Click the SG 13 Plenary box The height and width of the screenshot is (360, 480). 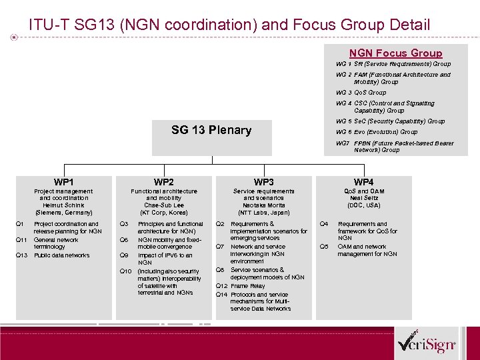[x=211, y=130]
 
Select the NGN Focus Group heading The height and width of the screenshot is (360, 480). [x=395, y=53]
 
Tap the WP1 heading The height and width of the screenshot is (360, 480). [x=63, y=182]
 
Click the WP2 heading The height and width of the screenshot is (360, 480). [x=163, y=182]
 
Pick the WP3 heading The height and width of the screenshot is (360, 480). [x=263, y=182]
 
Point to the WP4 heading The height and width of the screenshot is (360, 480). [x=363, y=182]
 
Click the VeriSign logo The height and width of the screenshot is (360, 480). [x=426, y=343]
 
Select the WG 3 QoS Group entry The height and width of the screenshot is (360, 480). [x=361, y=93]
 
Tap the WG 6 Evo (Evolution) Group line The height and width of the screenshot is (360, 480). [x=377, y=132]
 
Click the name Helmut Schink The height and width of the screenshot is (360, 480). [x=63, y=205]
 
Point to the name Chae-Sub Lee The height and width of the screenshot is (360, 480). [x=163, y=205]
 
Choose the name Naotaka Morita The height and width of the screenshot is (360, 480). [x=263, y=205]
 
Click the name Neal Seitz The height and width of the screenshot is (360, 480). [x=363, y=198]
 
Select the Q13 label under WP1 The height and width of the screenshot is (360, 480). [x=21, y=255]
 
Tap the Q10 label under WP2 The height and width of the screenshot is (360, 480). [x=125, y=271]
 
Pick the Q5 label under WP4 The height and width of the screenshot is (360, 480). [x=324, y=247]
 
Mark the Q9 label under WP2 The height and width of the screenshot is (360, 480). [x=124, y=255]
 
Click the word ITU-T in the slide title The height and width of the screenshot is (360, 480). [x=48, y=25]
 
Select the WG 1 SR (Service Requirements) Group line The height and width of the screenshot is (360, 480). [x=393, y=64]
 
